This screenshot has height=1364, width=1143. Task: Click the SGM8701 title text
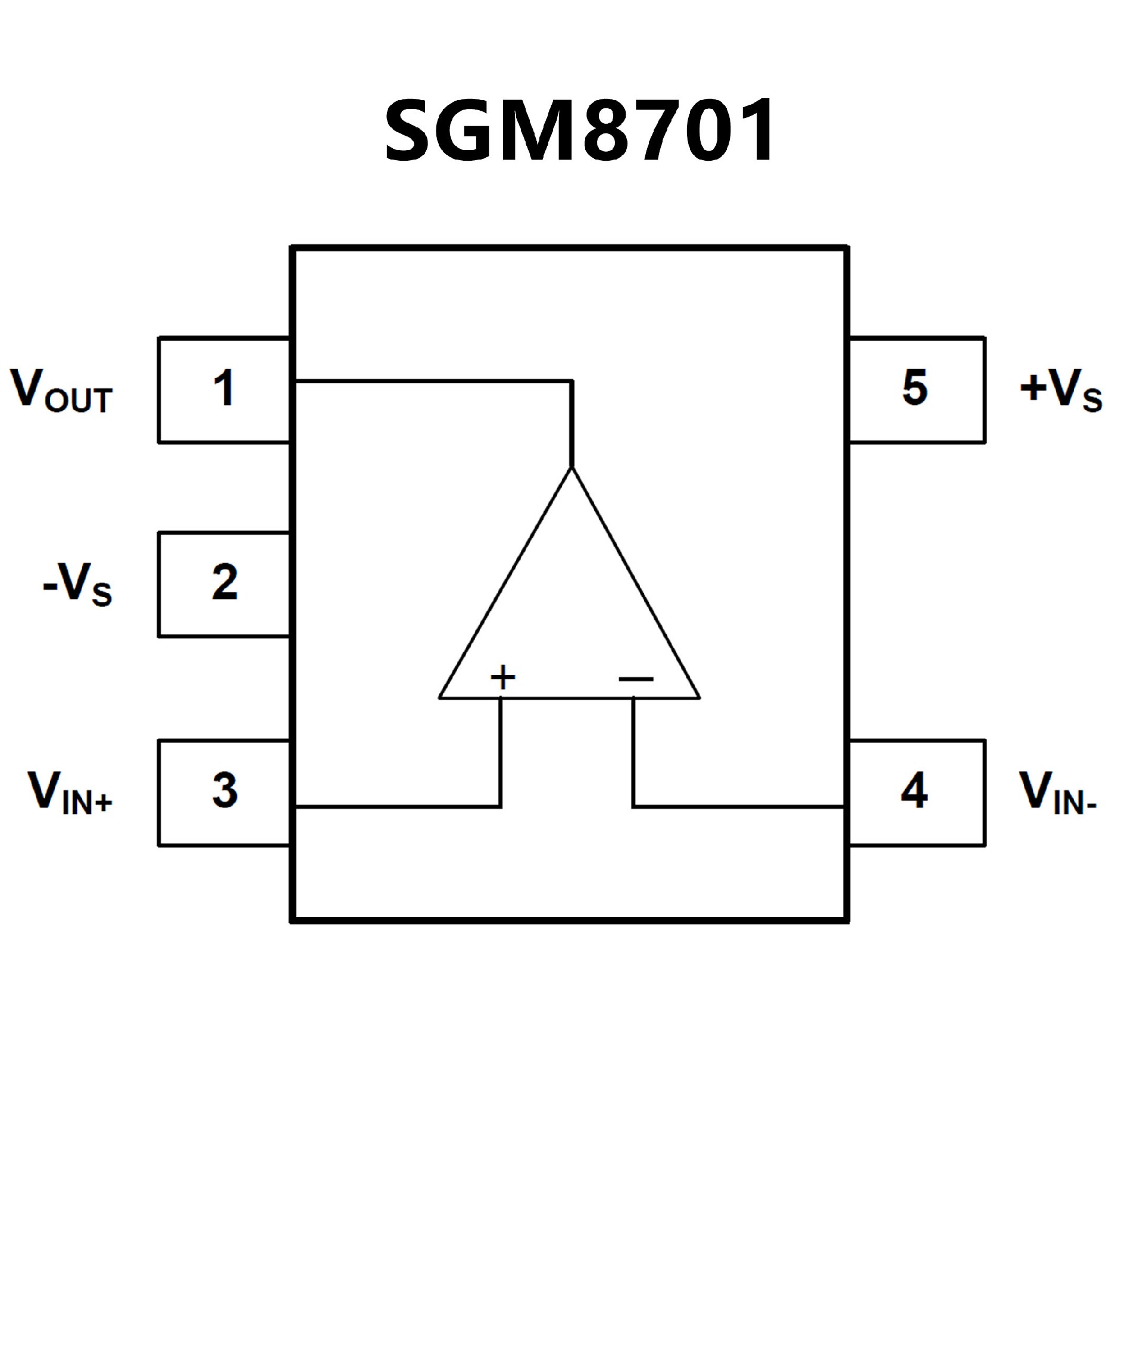click(580, 132)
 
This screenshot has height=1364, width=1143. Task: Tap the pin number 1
click(224, 389)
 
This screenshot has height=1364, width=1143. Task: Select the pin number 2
click(224, 582)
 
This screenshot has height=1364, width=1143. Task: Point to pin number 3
click(224, 791)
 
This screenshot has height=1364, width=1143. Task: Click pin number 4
click(914, 791)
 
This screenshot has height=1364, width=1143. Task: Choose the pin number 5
click(915, 388)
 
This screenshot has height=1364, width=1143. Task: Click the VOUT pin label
click(62, 391)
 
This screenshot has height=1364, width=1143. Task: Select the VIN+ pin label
click(70, 793)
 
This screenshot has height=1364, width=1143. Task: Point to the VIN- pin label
click(1058, 793)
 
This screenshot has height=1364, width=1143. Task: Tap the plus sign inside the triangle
click(502, 678)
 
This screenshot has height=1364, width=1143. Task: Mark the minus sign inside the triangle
click(636, 679)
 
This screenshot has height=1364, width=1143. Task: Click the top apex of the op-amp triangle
click(571, 469)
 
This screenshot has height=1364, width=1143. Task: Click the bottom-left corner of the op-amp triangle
click(441, 698)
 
